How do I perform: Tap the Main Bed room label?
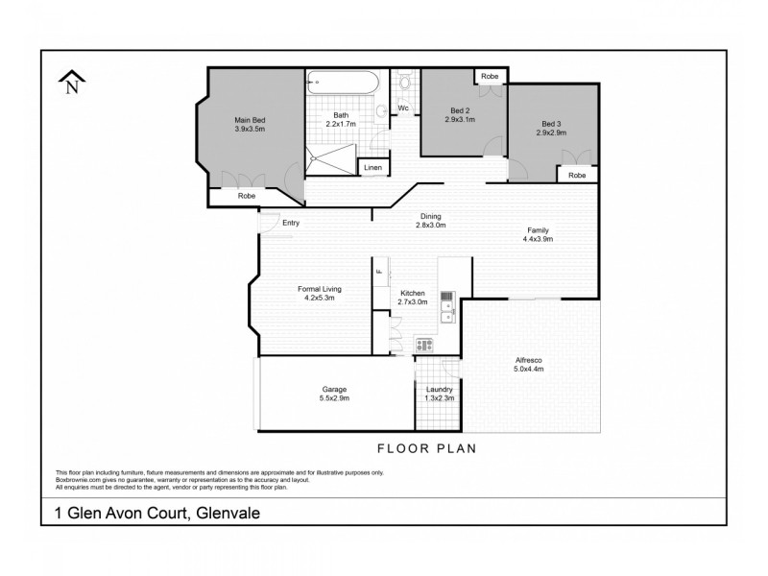tap(251, 120)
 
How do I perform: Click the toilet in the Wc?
tap(404, 85)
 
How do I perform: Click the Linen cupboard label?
tap(372, 168)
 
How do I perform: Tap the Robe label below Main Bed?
tap(248, 196)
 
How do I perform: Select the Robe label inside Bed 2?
tap(489, 75)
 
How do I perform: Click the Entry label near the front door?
tap(291, 224)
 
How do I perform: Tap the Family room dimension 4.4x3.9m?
tap(538, 239)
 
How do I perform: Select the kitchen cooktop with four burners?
tap(424, 344)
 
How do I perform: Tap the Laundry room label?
tap(439, 389)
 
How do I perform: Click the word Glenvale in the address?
tap(228, 514)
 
